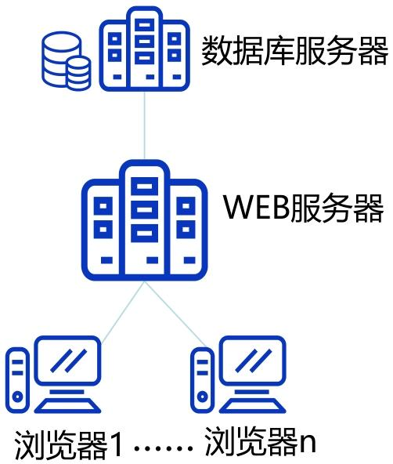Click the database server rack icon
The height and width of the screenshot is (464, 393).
[x=145, y=49]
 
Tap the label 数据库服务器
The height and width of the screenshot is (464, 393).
[x=294, y=51]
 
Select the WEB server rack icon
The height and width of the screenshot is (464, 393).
[x=145, y=220]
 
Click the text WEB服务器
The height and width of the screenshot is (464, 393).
[x=303, y=208]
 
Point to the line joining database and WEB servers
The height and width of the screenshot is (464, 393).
[x=145, y=125]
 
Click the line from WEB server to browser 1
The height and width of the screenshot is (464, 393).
[x=123, y=312]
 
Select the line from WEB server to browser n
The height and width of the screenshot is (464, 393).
[x=175, y=314]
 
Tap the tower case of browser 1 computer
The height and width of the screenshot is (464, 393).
[x=18, y=380]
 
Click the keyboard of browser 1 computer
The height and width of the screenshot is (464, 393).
[x=68, y=406]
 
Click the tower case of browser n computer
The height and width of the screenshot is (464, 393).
[x=203, y=380]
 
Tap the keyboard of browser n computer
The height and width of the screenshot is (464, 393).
[x=253, y=406]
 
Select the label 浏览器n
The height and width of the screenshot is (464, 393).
[x=260, y=442]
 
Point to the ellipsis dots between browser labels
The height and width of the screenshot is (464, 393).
[x=164, y=448]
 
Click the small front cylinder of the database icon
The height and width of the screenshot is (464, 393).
[x=78, y=73]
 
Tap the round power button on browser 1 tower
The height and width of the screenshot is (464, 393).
[x=18, y=397]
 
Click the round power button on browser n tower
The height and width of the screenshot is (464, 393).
[x=203, y=397]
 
